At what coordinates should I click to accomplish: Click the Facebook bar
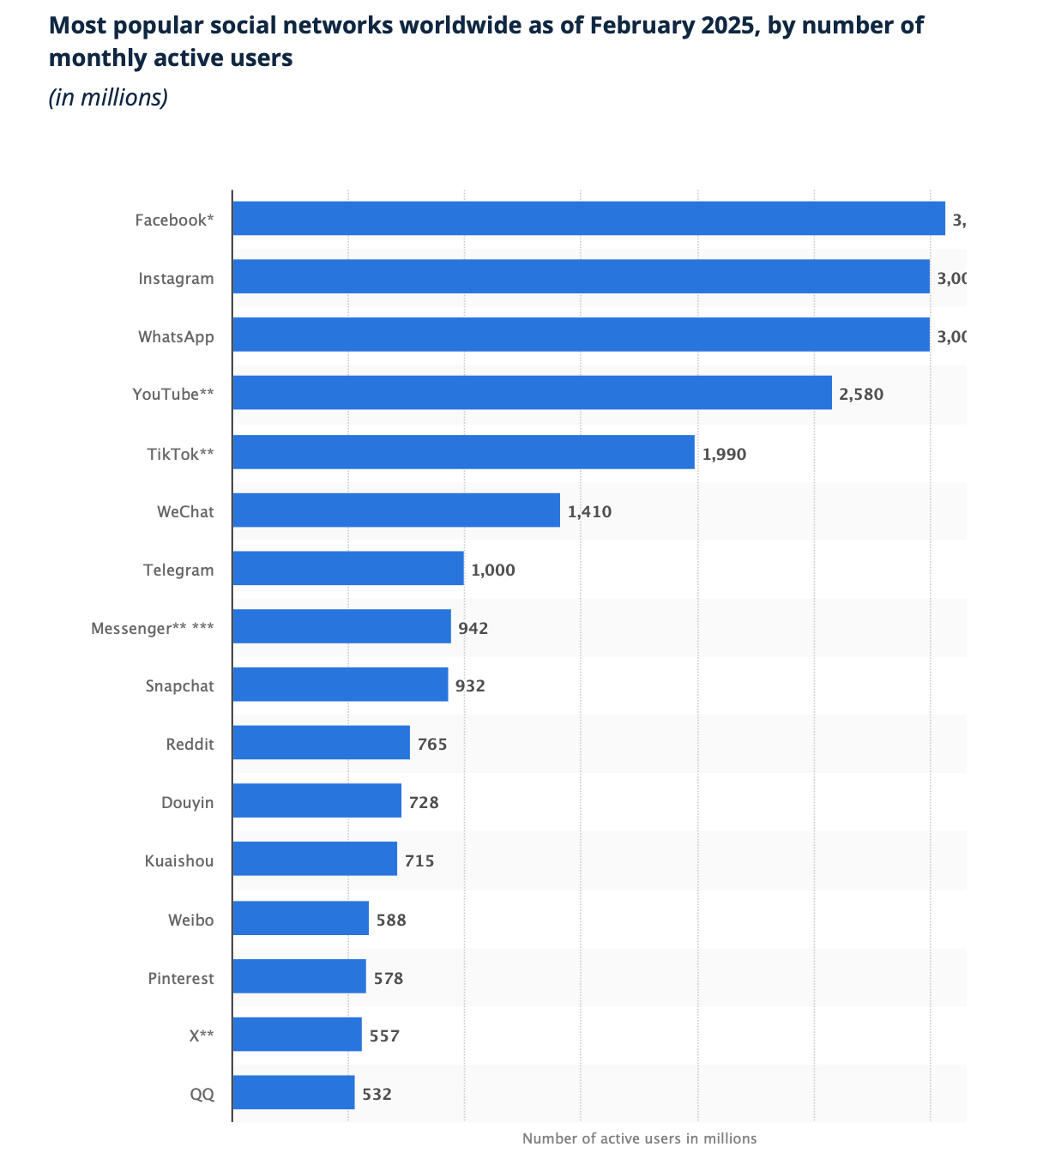(x=588, y=219)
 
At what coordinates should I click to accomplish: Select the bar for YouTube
(x=532, y=393)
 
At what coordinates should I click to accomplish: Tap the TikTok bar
(x=463, y=452)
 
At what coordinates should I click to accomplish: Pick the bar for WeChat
(x=395, y=510)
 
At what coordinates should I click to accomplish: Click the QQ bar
(x=293, y=1093)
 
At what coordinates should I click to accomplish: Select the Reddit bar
(x=321, y=743)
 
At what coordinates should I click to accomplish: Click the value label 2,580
(x=860, y=395)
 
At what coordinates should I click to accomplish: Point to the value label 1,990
(x=724, y=454)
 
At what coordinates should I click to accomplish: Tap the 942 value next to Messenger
(x=473, y=628)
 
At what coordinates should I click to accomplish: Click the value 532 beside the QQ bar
(x=377, y=1095)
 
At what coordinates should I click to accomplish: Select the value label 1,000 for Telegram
(x=492, y=570)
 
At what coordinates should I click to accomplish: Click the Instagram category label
(x=176, y=278)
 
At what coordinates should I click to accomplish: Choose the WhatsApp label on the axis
(x=176, y=336)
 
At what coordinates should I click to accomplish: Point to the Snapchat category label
(x=179, y=685)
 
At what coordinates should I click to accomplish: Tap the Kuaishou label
(x=179, y=860)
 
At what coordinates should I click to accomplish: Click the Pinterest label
(x=180, y=978)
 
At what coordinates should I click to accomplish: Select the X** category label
(x=202, y=1035)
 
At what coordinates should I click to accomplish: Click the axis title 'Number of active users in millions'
(x=639, y=1138)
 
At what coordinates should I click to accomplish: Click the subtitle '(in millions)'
(x=108, y=97)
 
